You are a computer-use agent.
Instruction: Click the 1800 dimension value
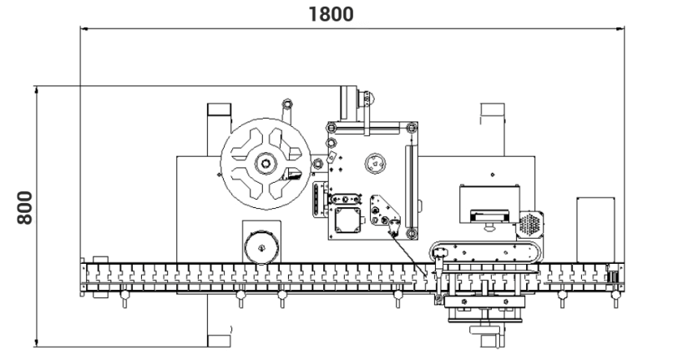coord(331,13)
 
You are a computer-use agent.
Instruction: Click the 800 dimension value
coord(25,208)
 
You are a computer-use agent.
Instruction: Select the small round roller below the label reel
coord(261,248)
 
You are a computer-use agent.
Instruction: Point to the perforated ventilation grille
coord(529,223)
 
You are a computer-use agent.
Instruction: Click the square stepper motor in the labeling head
coord(347,221)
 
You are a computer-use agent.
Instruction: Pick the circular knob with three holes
coord(375,164)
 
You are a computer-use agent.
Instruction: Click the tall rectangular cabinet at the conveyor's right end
coord(595,230)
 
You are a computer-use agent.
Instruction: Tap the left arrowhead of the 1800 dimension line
coord(84,28)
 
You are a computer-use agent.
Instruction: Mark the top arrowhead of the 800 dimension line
coord(37,89)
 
